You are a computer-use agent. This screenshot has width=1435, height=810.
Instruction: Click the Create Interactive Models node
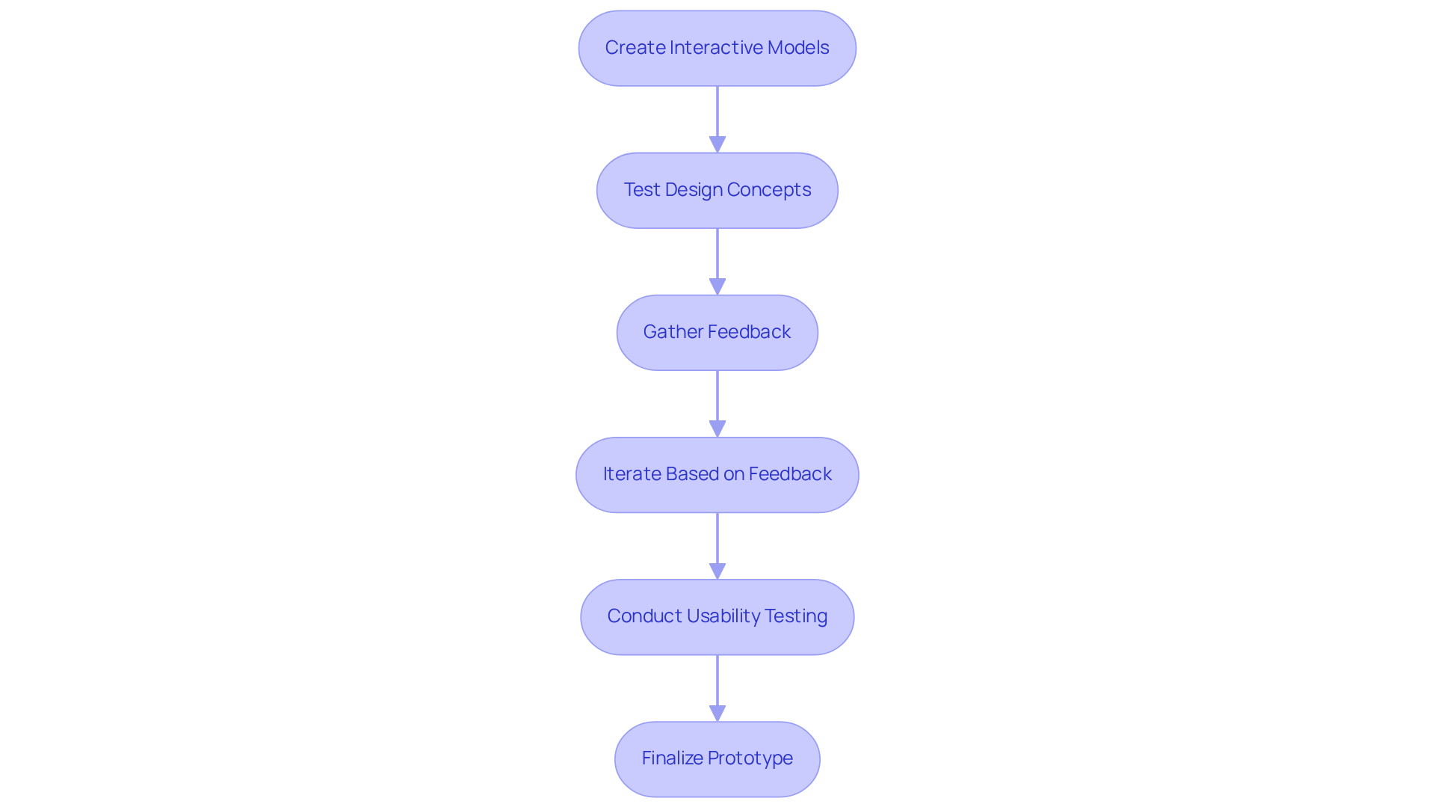(x=717, y=48)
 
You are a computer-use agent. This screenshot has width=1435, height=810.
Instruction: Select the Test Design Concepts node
(x=717, y=190)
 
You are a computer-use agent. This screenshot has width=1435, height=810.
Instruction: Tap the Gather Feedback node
(x=717, y=332)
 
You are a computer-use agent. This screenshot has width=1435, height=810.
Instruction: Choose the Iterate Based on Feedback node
(x=717, y=474)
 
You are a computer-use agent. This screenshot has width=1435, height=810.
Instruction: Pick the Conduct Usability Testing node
(x=717, y=616)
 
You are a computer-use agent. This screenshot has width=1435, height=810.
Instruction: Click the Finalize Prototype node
(x=717, y=758)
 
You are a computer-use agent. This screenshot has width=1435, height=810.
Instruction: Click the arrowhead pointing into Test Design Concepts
(x=717, y=144)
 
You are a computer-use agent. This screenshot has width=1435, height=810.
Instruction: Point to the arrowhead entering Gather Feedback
(x=717, y=286)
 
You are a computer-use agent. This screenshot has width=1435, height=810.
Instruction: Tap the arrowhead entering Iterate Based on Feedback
(x=717, y=429)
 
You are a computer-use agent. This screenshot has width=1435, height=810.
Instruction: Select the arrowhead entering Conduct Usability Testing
(x=717, y=571)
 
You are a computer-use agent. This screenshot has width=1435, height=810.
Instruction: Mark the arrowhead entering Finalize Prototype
(x=717, y=713)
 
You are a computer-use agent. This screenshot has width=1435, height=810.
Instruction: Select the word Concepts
(x=768, y=190)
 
